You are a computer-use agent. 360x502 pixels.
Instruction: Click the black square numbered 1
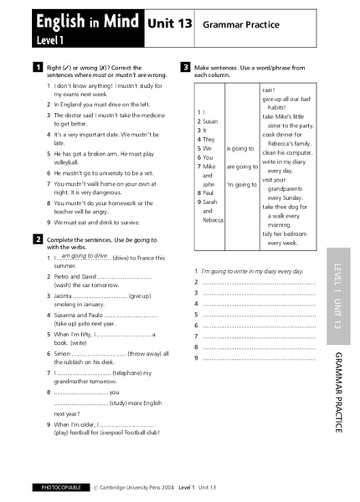[36, 66]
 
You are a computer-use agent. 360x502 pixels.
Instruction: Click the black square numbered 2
[36, 239]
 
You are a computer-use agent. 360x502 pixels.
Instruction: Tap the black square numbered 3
[184, 66]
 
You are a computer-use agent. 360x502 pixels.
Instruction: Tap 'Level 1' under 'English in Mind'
[50, 39]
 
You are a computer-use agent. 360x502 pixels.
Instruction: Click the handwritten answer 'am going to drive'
[85, 256]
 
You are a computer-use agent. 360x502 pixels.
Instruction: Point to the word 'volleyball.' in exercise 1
[71, 162]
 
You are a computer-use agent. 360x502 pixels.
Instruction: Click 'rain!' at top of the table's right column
[270, 89]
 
